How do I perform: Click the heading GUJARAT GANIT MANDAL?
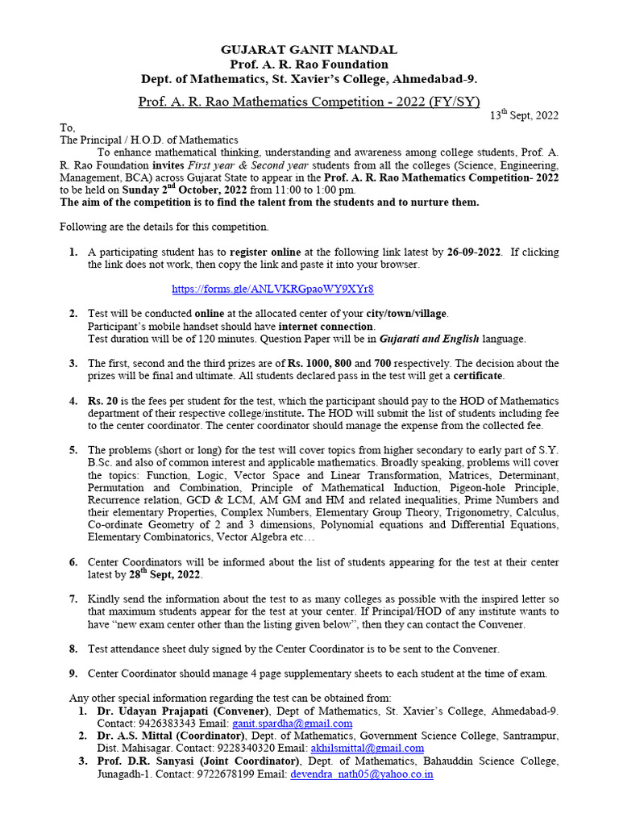309,50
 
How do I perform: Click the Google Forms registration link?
272,289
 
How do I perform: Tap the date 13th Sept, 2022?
525,115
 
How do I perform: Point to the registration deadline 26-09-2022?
475,252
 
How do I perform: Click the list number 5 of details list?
73,450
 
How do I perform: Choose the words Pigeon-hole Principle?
504,487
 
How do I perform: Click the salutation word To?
68,127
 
